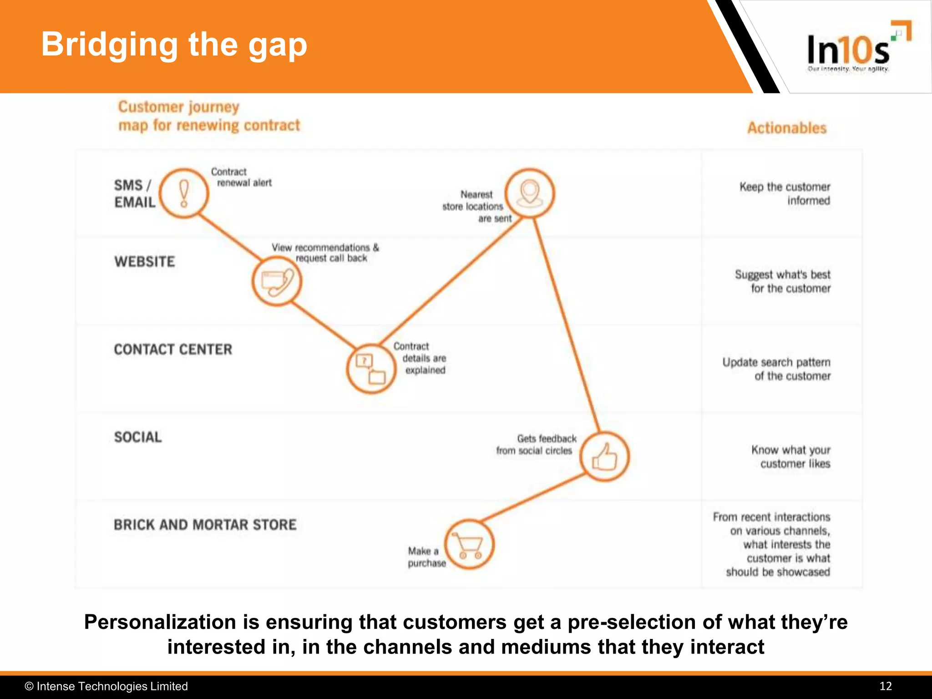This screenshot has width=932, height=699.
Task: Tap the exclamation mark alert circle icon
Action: coord(184,194)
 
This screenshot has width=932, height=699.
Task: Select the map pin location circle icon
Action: coord(530,193)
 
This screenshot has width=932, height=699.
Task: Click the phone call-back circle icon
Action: coord(277,281)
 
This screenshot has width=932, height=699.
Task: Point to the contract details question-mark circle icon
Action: coord(371,369)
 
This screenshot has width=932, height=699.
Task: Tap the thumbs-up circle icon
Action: coord(605,456)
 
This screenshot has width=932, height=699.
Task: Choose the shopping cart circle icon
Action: coord(469,544)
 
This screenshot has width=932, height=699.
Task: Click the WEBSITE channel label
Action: coord(145,262)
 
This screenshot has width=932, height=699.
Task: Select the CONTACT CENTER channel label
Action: coord(173,349)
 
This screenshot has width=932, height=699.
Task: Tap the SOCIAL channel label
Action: coord(138,437)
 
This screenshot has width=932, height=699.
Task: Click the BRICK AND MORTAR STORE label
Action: coord(205,525)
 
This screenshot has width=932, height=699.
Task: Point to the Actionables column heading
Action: coord(787,128)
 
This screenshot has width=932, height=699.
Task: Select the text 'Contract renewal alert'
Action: coord(241,177)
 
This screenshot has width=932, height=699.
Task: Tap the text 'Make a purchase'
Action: coord(426,557)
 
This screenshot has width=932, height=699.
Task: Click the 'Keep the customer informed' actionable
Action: coord(785,194)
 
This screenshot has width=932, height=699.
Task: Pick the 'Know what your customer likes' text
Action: coord(791,456)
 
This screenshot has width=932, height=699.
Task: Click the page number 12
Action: coord(885,686)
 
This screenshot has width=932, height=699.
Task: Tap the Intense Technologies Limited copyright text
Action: coord(106,686)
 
